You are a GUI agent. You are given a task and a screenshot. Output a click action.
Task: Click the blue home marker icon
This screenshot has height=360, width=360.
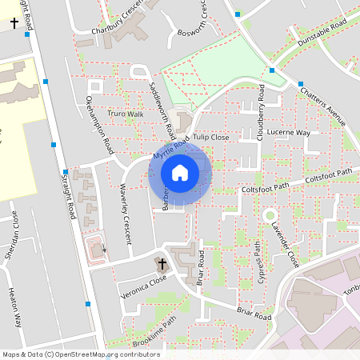coord(180,172)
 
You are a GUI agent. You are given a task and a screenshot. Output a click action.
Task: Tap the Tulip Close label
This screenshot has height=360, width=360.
coord(210,138)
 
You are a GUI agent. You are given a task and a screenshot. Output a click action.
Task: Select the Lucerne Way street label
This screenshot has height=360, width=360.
coord(290,132)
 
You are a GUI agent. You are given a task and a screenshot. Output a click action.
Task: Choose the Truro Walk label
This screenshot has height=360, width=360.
coord(125,114)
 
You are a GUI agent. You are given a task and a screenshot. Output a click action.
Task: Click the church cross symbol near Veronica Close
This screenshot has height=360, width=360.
coord(162,263)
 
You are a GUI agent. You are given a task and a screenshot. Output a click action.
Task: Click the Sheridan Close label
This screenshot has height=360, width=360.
coord(14,232)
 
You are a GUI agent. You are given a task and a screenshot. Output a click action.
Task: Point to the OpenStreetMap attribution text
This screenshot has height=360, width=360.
coord(70,354)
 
